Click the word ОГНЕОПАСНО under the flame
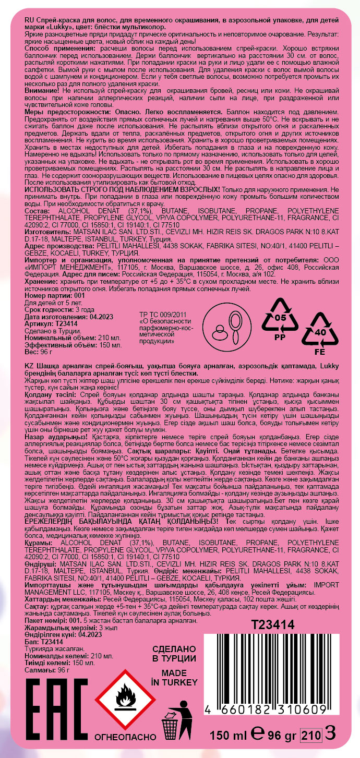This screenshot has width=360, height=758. (x=125, y=737)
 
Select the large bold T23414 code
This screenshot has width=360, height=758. (x=273, y=624)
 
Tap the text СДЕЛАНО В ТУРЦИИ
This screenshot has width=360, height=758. (x=174, y=653)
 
